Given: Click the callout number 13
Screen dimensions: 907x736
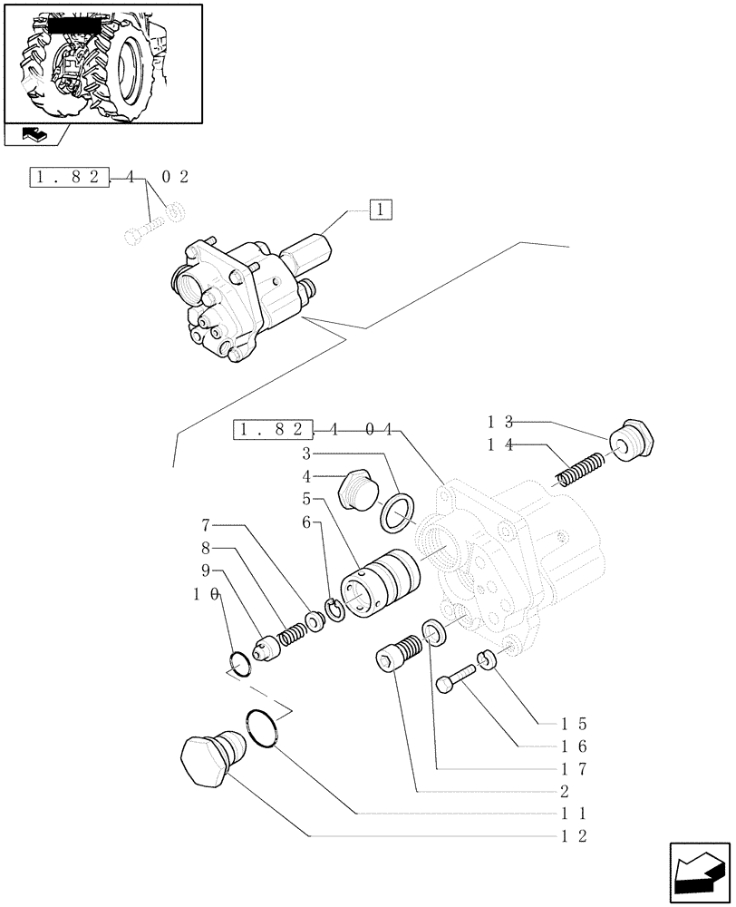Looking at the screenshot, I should (x=500, y=421).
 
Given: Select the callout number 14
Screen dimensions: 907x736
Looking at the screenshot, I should (x=500, y=444).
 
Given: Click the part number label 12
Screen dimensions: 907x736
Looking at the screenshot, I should (x=576, y=835).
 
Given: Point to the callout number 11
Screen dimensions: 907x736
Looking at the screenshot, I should (x=576, y=813).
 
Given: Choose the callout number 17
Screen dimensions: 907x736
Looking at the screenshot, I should (x=576, y=768).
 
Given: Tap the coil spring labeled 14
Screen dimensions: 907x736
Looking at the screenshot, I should (x=578, y=470).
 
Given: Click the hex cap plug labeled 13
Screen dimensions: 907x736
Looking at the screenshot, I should (x=631, y=443).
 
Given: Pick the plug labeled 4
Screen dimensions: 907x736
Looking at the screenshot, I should (x=354, y=493).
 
